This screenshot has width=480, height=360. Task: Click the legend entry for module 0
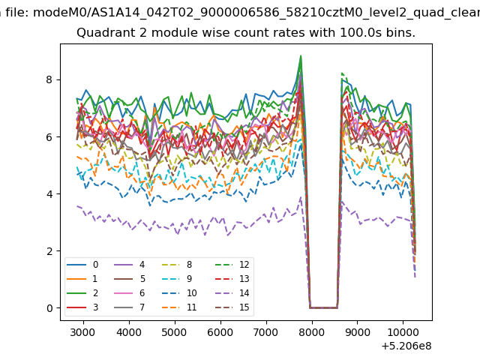pyautogui.click(x=82, y=265)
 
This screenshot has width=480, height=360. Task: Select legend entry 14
pyautogui.click(x=235, y=293)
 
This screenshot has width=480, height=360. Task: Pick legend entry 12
pyautogui.click(x=235, y=265)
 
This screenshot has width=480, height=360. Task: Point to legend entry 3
pyautogui.click(x=82, y=307)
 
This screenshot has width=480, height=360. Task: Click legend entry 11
pyautogui.click(x=178, y=307)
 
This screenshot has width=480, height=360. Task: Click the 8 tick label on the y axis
pyautogui.click(x=49, y=79)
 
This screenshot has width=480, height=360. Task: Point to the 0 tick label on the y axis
pyautogui.click(x=49, y=308)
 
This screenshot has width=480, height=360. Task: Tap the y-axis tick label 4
pyautogui.click(x=49, y=193)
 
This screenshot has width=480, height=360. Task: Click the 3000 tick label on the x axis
pyautogui.click(x=82, y=332)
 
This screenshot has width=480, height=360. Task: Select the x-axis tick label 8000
pyautogui.click(x=311, y=332)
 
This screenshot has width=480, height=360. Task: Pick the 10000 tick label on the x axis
pyautogui.click(x=403, y=332)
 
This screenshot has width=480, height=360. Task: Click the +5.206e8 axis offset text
pyautogui.click(x=406, y=346)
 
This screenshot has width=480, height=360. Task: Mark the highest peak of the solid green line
pyautogui.click(x=301, y=55)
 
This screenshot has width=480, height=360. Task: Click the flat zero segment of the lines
pyautogui.click(x=323, y=307)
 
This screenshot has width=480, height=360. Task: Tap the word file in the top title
pyautogui.click(x=18, y=13)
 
